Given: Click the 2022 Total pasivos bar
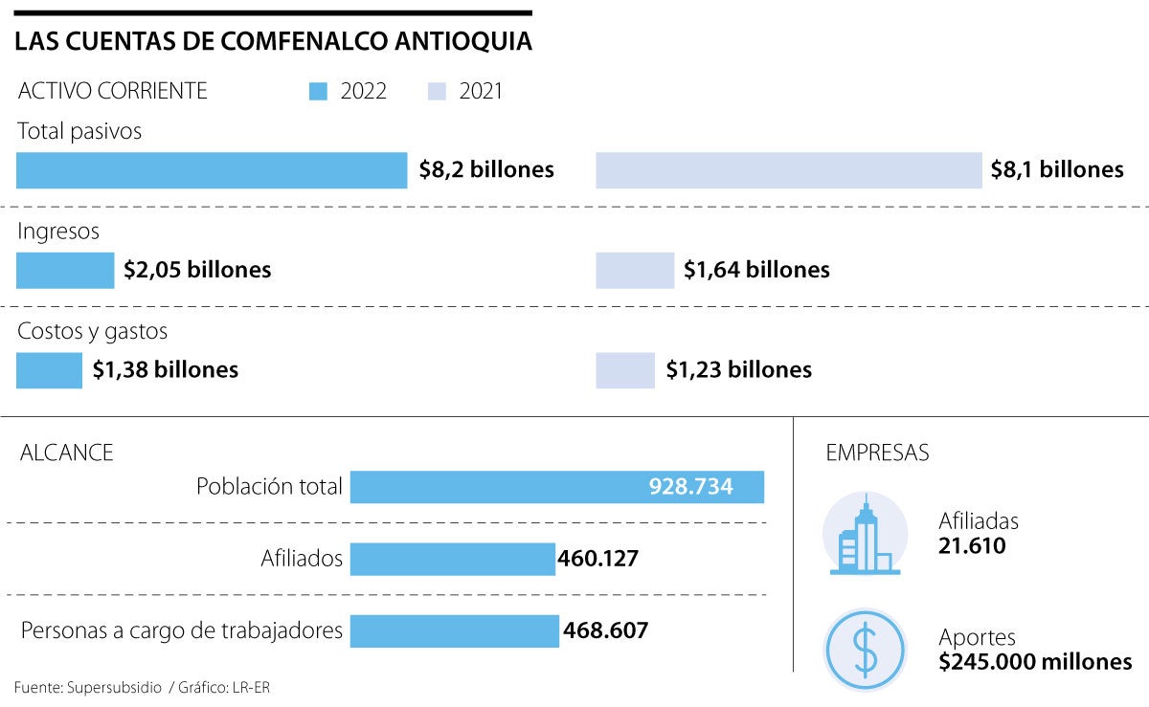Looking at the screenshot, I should pos(212,170).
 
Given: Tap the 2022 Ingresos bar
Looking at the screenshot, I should pos(65,270).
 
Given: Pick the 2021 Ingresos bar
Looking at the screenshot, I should pos(635,270).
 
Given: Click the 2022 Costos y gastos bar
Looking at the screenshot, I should pos(49,370).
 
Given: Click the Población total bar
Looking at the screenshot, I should pos(556,487).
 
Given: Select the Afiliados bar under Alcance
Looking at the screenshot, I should pos(452,559).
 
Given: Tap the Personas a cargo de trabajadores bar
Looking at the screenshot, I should pos(454,631).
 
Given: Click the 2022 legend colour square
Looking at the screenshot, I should pos(320,92).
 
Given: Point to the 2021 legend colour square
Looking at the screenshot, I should pos(438,92).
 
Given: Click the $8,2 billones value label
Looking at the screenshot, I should pos(486,170).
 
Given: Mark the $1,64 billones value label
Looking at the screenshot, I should pos(756,270).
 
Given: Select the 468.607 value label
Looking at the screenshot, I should pos(606,631).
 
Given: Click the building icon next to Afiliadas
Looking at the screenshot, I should pos(865,536).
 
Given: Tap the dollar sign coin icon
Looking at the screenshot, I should pos(865,650).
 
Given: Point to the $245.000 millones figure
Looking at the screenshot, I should pos(1035,661).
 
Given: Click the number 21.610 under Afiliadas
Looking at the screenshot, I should pos(972,546).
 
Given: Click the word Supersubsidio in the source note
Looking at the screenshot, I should pos(114,687).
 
